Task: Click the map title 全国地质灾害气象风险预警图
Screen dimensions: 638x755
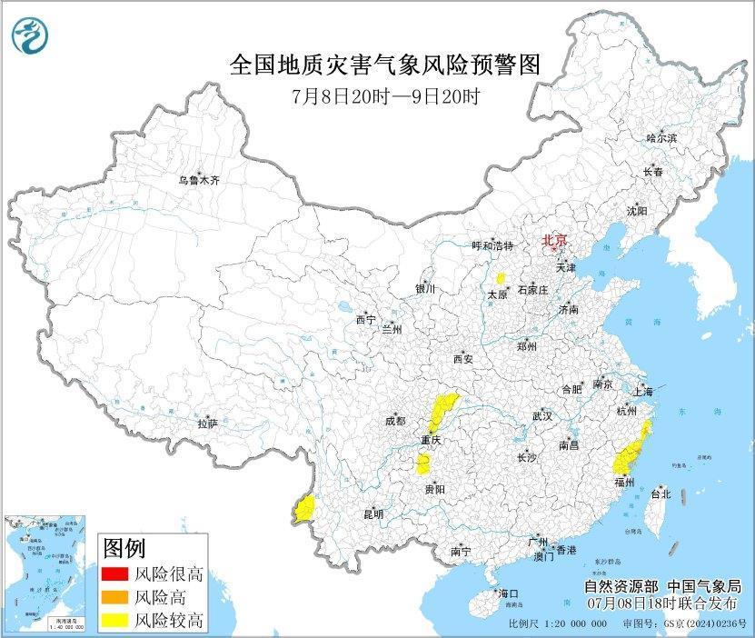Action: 385,65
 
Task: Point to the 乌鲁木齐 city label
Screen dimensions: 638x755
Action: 199,181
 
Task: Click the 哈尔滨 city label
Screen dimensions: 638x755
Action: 661,137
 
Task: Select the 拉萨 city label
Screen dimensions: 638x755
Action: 207,424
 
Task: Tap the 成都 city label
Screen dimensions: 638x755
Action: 394,422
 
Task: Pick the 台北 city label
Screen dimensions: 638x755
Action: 661,494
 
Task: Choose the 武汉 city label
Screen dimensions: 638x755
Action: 542,415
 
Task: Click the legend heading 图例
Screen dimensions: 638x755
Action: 124,548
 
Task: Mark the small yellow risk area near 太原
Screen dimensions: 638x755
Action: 500,278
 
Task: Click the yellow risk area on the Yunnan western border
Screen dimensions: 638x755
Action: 304,508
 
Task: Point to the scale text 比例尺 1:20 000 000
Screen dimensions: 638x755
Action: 557,625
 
